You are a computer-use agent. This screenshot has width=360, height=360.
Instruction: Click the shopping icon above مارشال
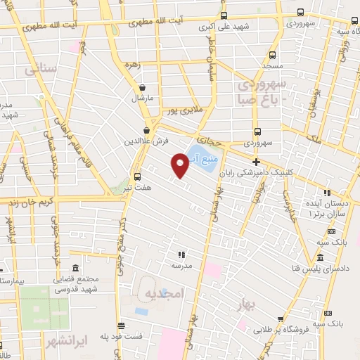coord(143,88)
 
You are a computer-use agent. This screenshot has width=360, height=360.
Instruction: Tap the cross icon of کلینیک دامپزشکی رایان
coord(256,162)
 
